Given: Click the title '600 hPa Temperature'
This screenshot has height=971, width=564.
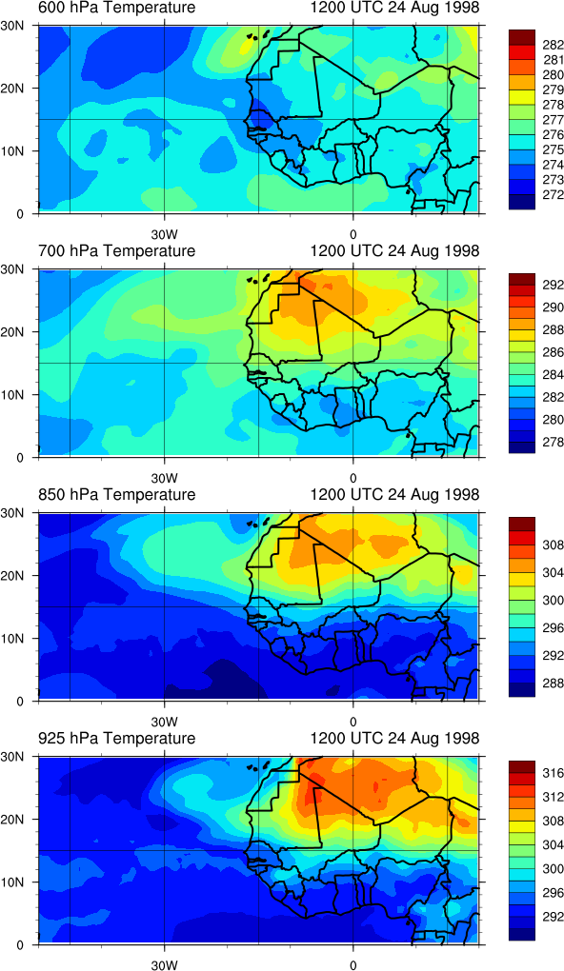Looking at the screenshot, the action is coord(117,8).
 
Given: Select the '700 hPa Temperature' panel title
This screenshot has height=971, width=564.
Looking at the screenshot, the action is coord(117,250).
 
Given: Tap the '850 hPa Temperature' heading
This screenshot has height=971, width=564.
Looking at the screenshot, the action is coord(117,495).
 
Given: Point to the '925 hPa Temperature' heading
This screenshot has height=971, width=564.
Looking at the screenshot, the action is coord(117,738).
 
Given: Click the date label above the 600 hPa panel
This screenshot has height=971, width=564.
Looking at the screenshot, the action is coord(394,8).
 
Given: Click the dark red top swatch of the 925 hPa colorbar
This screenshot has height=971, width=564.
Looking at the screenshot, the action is coord(521,763).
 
